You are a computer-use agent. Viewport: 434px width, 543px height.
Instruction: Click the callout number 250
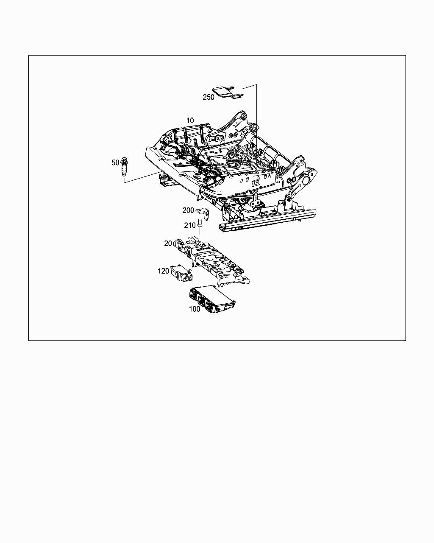point(209,97)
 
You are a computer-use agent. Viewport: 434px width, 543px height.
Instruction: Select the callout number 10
point(190,121)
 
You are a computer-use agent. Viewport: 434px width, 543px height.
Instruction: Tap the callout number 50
point(115,162)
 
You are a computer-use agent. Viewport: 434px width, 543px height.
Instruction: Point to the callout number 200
point(188,210)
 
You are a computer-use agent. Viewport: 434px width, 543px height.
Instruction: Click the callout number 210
point(189,226)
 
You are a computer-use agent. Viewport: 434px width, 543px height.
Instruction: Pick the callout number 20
point(168,244)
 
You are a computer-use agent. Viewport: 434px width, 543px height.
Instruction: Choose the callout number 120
point(163,271)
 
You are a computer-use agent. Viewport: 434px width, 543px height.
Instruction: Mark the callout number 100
point(195,309)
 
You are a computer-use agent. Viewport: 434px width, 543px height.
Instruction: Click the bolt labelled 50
point(125,168)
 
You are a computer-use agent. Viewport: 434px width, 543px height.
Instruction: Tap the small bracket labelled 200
point(206,214)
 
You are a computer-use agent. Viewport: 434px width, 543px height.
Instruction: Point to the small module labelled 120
point(181,273)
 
